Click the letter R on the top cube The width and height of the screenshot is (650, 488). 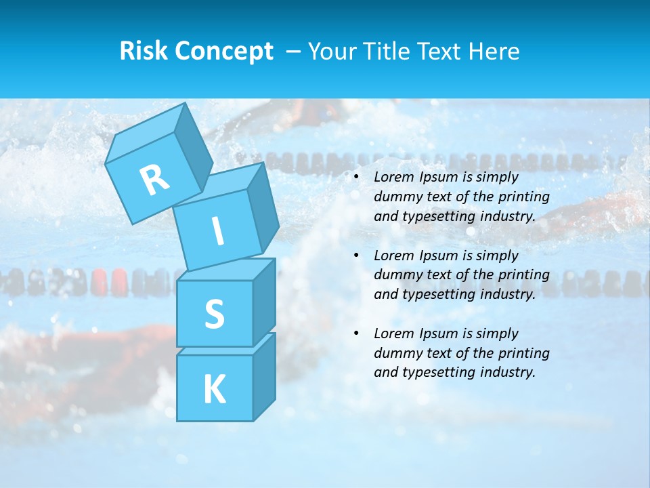[154, 180]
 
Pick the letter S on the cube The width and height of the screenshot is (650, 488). [214, 314]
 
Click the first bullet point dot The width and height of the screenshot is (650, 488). [356, 178]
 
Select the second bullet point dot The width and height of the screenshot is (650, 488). [356, 256]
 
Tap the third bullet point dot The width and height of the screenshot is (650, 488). [356, 333]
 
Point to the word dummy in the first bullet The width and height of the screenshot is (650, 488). [395, 197]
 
